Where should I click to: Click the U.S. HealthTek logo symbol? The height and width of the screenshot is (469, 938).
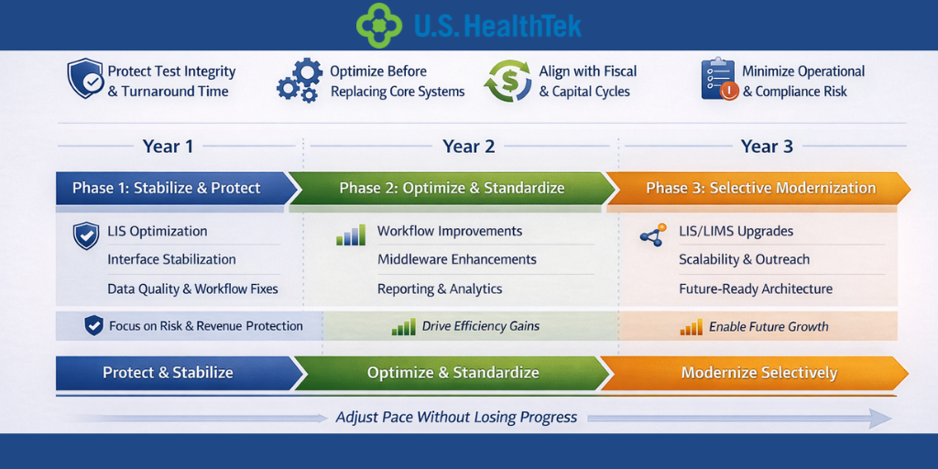pos(379,25)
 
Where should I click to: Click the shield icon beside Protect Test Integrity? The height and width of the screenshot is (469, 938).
pos(85,80)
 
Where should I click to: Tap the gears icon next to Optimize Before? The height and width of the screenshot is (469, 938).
pos(299,81)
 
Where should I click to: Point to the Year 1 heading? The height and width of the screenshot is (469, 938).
pos(168,147)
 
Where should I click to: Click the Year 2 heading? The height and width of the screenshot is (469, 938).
pos(468,147)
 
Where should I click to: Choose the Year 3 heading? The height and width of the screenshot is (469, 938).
pos(766,147)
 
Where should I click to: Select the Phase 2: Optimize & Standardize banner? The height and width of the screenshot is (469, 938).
pos(452,188)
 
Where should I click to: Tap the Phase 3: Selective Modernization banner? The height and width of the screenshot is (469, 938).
pos(760,188)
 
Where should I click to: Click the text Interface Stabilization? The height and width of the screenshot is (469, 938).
pos(171,259)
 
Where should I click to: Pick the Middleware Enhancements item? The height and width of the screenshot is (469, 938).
pos(456,259)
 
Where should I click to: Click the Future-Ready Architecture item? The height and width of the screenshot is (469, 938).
pos(755,289)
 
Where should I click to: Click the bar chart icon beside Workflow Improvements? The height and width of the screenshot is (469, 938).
pos(350,235)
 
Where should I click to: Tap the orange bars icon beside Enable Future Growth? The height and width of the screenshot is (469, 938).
pos(691,327)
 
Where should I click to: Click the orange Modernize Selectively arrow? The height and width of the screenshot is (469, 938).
pos(758,373)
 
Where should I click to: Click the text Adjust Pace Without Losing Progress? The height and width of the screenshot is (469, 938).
pos(456,418)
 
